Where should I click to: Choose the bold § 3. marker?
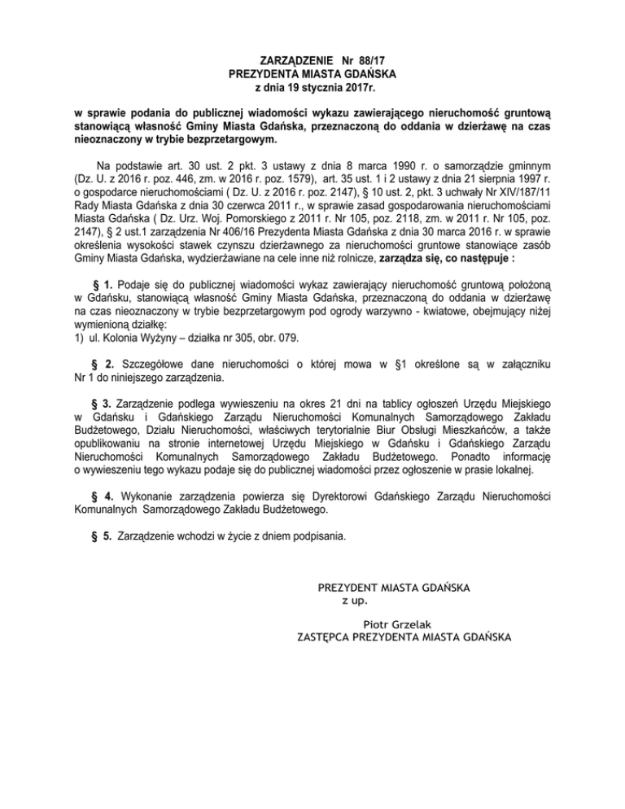click(103, 404)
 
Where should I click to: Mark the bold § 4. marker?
click(103, 495)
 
